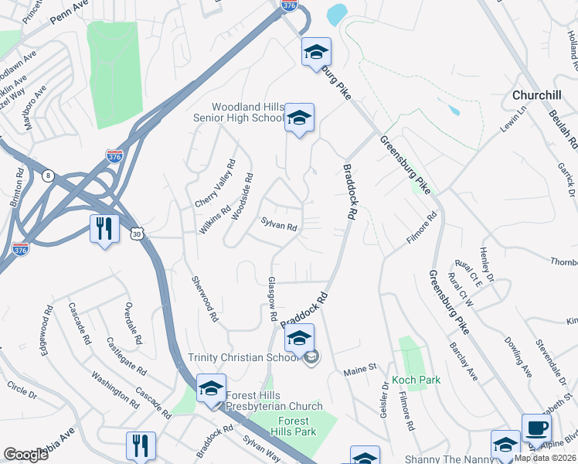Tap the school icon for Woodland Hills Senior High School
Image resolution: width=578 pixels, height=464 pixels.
(x=299, y=118)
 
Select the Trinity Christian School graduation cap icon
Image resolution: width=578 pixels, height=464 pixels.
(x=299, y=338)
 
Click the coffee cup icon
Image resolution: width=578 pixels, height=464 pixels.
(x=536, y=428)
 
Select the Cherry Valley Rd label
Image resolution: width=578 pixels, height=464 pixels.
(x=214, y=183)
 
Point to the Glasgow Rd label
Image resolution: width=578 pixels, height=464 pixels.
(x=271, y=299)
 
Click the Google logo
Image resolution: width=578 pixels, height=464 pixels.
(x=25, y=455)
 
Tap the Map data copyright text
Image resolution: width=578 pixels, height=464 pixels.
(x=546, y=459)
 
